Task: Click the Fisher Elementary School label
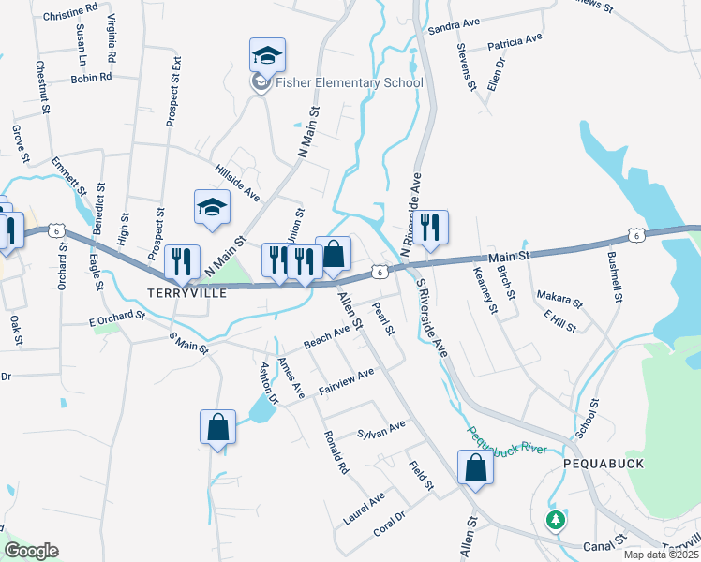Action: pos(349,82)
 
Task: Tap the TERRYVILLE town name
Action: pos(187,293)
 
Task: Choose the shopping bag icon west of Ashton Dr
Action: pos(217,428)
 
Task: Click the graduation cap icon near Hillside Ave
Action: pos(212,207)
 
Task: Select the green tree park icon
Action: pos(557,519)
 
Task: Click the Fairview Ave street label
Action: pos(347,379)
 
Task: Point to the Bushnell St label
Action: pos(615,276)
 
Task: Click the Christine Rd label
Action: pos(70,15)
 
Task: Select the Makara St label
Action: pos(559,299)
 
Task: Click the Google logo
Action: pos(32,551)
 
